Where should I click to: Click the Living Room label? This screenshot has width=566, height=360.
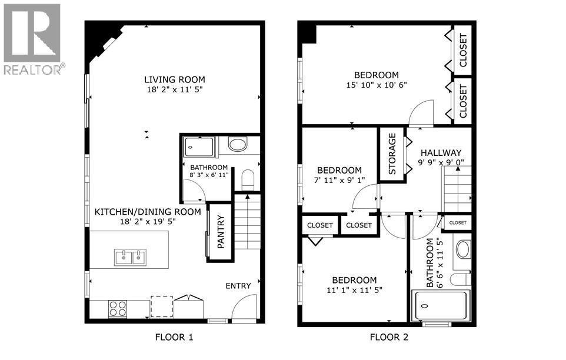(175, 79)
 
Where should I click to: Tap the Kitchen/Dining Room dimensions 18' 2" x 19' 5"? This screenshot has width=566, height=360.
(148, 221)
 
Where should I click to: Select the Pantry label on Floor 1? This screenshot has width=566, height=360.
(221, 232)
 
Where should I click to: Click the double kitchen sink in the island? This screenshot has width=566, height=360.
(130, 257)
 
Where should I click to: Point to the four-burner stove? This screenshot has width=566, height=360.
(118, 309)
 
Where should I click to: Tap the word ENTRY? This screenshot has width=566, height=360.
(238, 286)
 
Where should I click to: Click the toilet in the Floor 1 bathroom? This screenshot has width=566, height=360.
(248, 179)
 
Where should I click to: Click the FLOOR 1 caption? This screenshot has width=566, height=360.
(174, 337)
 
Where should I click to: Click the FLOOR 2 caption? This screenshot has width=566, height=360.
(389, 337)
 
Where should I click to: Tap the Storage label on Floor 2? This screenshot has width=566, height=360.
(392, 154)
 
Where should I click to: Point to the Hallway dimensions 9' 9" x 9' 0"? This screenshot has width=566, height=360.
(441, 162)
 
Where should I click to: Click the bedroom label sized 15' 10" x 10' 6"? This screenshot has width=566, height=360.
(377, 75)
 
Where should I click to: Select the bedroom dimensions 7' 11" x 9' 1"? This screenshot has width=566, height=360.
(339, 179)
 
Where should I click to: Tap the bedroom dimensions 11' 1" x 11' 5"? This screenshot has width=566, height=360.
(354, 289)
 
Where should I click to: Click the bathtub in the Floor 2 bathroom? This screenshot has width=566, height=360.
(440, 306)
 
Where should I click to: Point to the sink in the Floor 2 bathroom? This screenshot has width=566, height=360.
(463, 249)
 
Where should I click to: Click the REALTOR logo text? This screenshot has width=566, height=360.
(35, 69)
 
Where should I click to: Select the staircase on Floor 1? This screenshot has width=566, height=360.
(247, 221)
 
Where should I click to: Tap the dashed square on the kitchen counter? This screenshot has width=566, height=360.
(162, 306)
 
